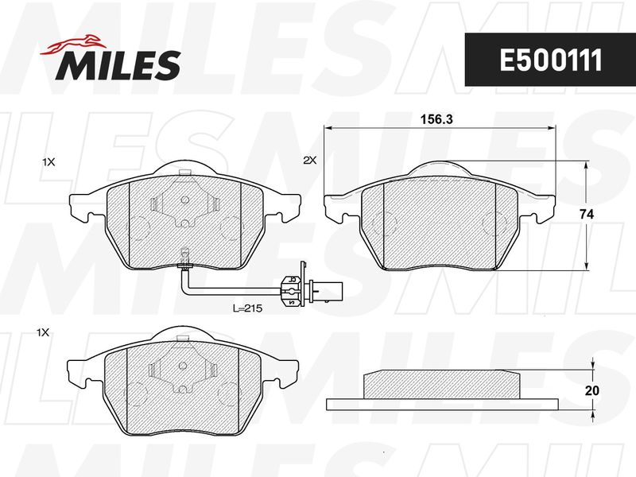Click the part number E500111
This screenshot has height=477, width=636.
(551, 60)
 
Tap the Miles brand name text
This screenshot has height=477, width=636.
(118, 65)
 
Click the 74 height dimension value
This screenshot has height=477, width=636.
(586, 215)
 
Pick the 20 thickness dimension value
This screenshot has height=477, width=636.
(592, 390)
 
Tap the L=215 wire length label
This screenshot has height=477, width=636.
(247, 308)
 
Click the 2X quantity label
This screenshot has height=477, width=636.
(310, 161)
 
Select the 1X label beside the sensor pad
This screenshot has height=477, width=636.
(48, 162)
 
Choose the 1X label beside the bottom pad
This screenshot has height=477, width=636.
(43, 333)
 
